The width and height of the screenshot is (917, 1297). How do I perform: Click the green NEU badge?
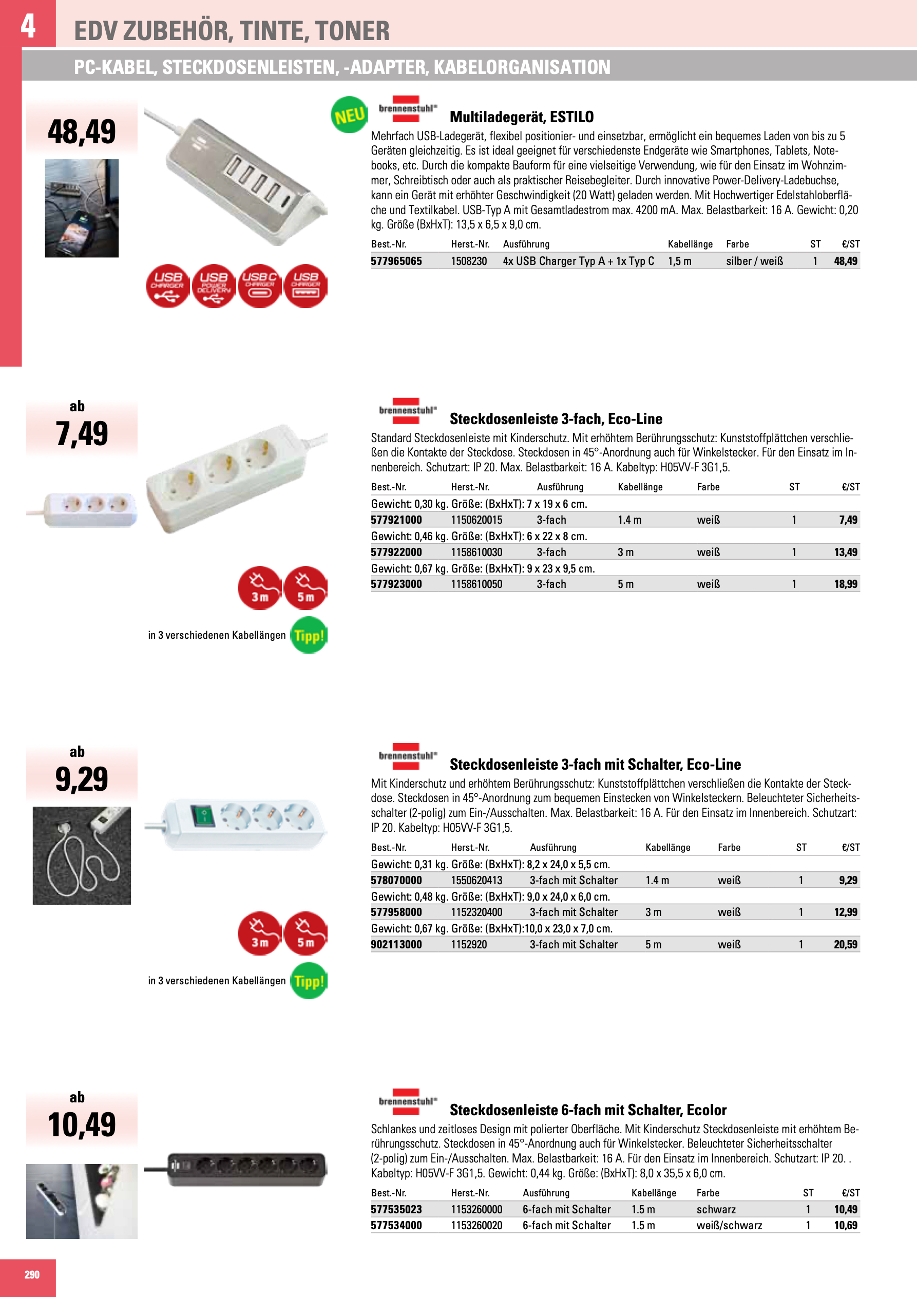[349, 115]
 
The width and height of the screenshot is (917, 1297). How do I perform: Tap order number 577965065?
[396, 261]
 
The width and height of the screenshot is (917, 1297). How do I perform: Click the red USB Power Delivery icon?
[214, 286]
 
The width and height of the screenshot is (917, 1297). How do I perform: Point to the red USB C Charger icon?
[259, 286]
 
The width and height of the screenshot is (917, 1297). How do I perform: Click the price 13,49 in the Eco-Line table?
[845, 552]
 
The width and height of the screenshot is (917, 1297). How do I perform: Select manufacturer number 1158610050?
[476, 584]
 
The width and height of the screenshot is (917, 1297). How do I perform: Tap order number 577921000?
[396, 520]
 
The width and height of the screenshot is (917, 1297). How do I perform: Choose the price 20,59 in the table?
[845, 944]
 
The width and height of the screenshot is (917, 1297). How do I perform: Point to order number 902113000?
[396, 944]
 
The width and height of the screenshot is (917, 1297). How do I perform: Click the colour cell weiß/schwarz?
[729, 1225]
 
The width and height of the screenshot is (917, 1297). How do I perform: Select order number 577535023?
[396, 1209]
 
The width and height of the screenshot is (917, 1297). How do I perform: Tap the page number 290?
[32, 1274]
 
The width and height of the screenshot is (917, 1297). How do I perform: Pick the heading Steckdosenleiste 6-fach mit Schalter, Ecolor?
[587, 1110]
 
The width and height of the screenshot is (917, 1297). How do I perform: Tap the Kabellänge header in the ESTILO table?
[690, 244]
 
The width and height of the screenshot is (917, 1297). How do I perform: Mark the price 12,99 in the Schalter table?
[845, 912]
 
